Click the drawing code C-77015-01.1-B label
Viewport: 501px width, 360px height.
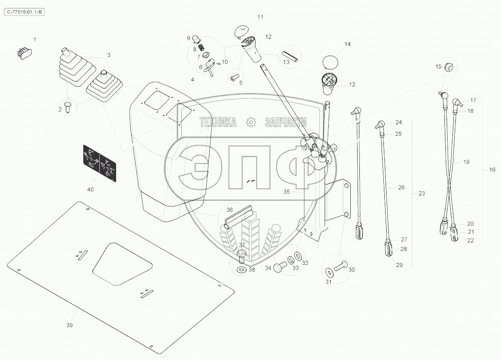25,13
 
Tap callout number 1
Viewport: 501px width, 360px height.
35,40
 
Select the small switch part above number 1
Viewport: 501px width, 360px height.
24,53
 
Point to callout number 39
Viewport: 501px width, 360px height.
69,325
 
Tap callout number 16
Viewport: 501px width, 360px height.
492,170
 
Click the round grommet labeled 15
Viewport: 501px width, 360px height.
449,68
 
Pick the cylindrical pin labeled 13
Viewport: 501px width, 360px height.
291,55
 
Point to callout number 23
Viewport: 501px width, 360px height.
421,194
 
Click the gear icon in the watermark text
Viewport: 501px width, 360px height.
250,121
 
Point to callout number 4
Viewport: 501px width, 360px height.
192,80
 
